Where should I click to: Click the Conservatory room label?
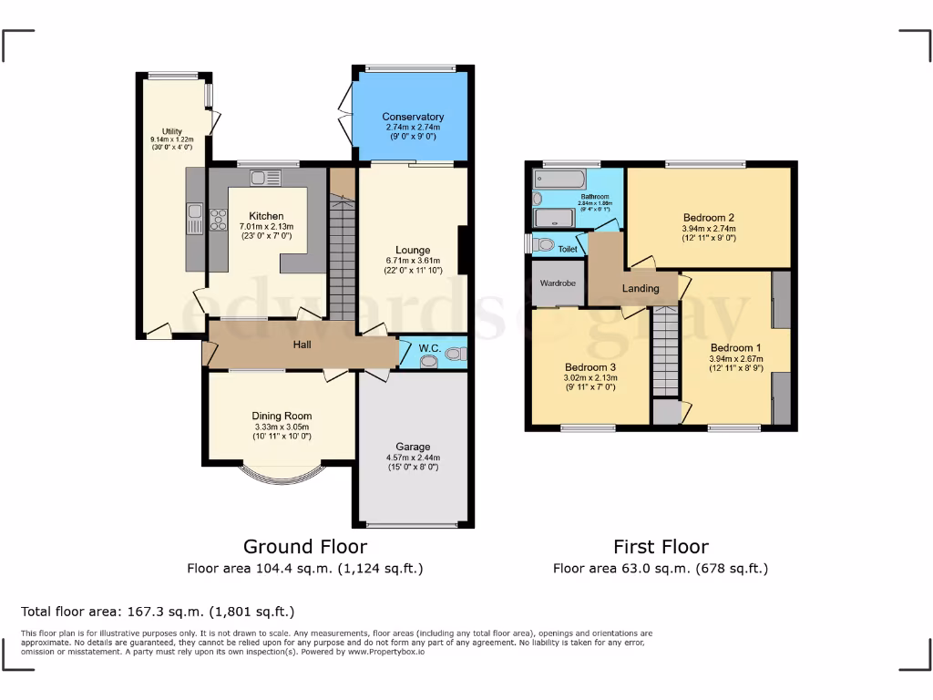[x=413, y=117]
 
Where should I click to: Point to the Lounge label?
[x=412, y=250]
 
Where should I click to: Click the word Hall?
[x=302, y=345]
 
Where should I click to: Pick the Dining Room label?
[x=282, y=416]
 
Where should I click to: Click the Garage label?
[x=413, y=447]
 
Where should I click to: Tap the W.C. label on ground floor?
[x=430, y=347]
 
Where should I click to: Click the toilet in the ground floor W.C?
[x=454, y=353]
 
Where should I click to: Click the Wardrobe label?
[x=558, y=283]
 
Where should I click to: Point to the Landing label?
[x=641, y=289]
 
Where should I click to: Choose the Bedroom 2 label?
[x=709, y=217]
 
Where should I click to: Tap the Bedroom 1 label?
[x=735, y=347]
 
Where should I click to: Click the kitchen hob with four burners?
[x=219, y=220]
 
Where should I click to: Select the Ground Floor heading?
[x=305, y=547]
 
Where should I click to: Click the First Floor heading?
[x=661, y=547]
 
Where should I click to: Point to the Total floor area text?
[x=158, y=612]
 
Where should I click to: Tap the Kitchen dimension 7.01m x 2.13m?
[x=265, y=227]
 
